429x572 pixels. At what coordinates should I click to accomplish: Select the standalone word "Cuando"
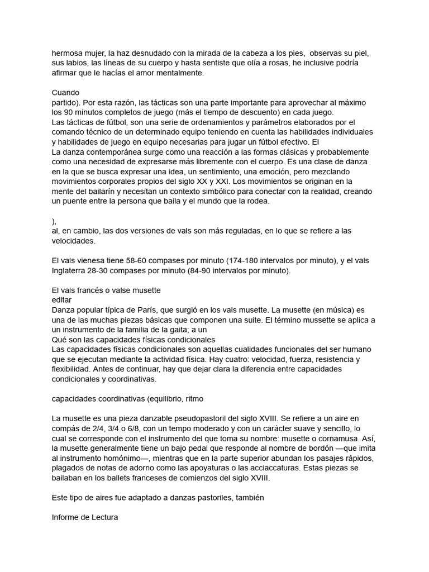(x=66, y=92)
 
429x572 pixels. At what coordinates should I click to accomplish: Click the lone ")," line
(x=54, y=221)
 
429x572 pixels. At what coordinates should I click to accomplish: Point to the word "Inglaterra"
(x=72, y=271)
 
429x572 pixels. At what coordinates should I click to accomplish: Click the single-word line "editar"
(x=62, y=300)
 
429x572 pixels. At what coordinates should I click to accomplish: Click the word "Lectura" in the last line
(x=103, y=517)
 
